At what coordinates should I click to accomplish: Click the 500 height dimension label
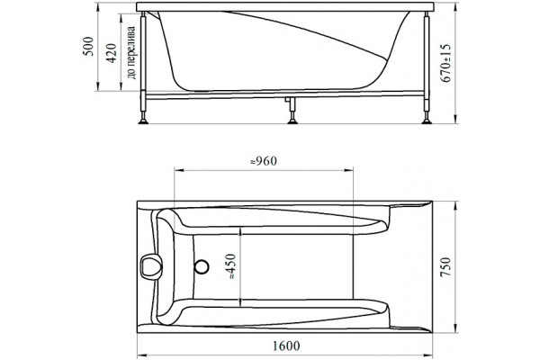(x=88, y=46)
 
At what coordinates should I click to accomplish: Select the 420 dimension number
(x=112, y=53)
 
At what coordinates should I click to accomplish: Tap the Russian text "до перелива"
(x=130, y=52)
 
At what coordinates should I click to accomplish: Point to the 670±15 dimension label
(x=445, y=63)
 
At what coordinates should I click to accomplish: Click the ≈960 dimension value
(x=264, y=161)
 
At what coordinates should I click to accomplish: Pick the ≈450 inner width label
(x=231, y=266)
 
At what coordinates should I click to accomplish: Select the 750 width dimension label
(x=445, y=267)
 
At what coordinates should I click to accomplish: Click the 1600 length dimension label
(x=286, y=346)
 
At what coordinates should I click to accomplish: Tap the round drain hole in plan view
(x=202, y=267)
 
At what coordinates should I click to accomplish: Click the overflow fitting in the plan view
(x=150, y=266)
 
